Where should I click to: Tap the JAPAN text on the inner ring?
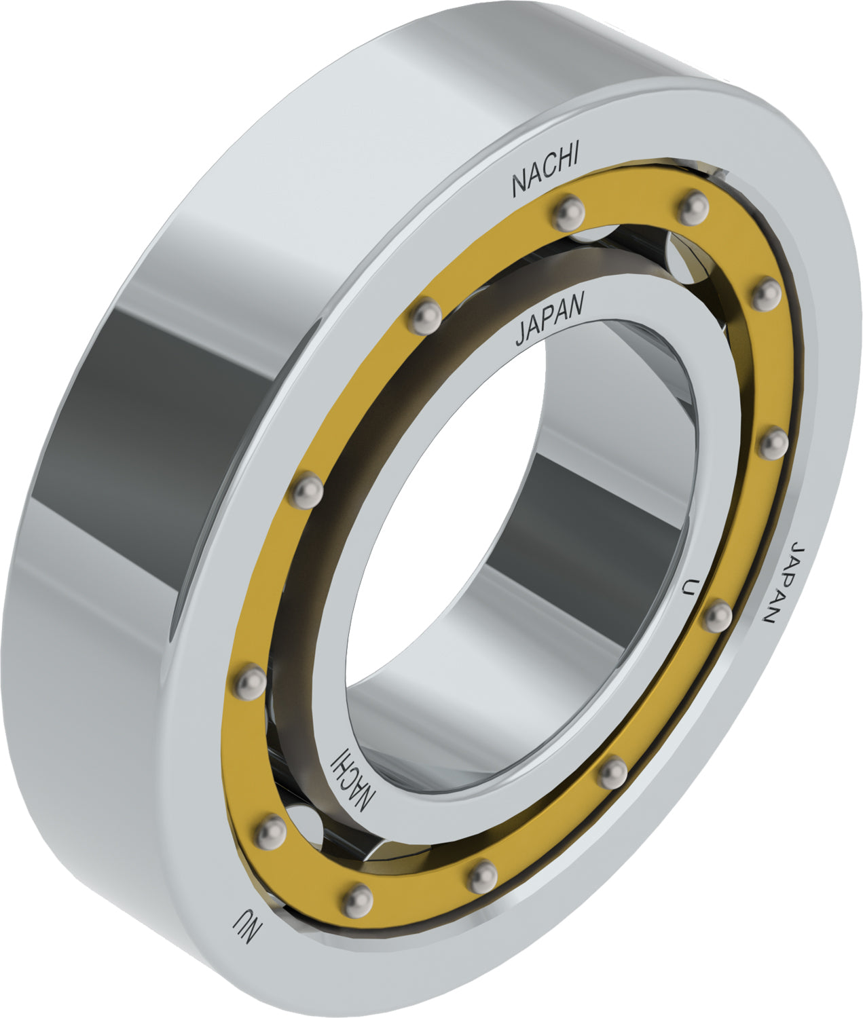coord(549,320)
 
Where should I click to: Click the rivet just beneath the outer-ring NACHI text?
coord(568,213)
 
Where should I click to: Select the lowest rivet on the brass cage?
coord(357,900)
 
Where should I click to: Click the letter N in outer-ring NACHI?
coord(519,184)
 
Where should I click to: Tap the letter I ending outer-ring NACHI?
coord(574,157)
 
